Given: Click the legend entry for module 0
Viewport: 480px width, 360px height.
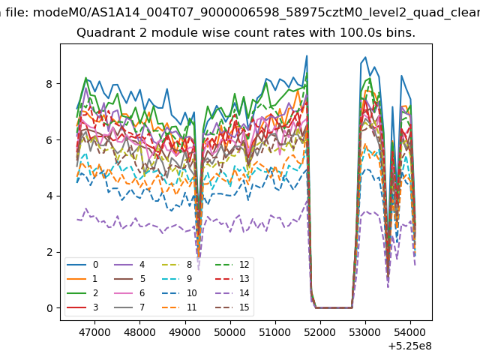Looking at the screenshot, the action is pos(82,265).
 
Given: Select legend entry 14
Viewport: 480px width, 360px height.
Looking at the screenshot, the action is pos(232,293).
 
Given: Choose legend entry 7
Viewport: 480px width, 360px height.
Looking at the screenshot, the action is pos(130,307).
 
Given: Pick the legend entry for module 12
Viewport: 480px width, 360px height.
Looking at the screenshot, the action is pos(232,265).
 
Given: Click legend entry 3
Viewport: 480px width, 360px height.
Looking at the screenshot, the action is pos(82,307).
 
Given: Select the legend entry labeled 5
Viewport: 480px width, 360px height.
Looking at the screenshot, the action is pos(130,278).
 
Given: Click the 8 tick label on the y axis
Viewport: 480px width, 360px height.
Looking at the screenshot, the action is pos(49,83).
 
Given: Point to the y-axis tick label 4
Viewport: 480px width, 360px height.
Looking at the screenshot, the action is pos(49,196).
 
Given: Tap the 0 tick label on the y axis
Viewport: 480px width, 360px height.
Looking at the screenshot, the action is pos(49,308).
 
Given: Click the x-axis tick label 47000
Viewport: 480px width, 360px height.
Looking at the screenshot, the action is pos(94,332).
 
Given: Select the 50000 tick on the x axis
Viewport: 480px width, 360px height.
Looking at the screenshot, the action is pos(230,332).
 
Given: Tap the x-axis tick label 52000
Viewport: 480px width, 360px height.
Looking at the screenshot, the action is pos(320,332).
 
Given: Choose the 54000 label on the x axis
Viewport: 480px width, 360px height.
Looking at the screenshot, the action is pos(410,332).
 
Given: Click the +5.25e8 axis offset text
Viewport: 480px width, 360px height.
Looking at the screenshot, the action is pos(410,346).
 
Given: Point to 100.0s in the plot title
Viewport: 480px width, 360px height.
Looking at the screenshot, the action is pos(361,32).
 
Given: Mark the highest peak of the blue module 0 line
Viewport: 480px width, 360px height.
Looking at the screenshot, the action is pos(307,55).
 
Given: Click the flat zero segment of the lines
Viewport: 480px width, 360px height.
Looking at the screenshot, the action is pos(334,307).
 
